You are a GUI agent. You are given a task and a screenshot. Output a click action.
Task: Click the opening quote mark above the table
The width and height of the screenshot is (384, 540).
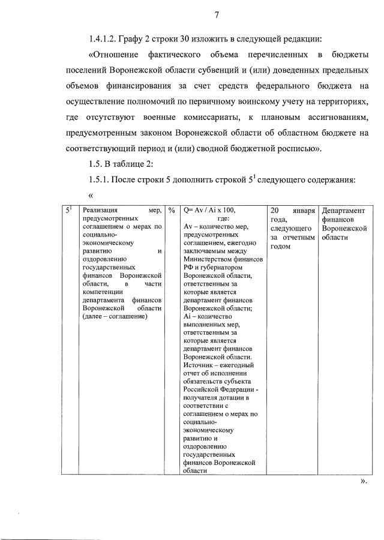tap(91, 196)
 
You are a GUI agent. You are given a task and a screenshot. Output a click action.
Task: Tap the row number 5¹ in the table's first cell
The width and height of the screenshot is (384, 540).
tap(69, 211)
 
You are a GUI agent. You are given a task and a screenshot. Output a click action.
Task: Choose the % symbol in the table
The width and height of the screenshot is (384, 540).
tap(171, 211)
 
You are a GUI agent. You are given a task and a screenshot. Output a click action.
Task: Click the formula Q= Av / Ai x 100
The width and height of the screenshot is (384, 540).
tap(209, 211)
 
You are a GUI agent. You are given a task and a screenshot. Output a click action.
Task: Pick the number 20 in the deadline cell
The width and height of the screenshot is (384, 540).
tap(275, 211)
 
